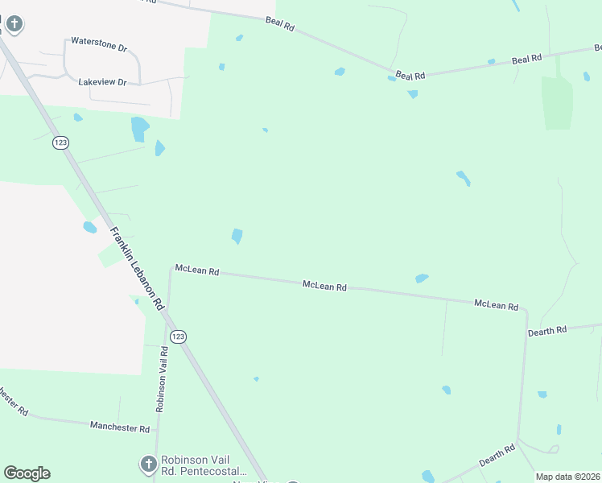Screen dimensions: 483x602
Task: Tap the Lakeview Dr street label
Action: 103,82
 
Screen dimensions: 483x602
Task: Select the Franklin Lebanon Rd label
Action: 137,268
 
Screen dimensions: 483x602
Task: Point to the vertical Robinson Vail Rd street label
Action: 162,378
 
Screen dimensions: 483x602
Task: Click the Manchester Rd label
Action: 121,427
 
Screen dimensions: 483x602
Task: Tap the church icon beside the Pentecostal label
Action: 147,464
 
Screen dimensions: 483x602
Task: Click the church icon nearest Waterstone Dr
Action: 13,24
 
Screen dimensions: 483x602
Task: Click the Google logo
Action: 27,473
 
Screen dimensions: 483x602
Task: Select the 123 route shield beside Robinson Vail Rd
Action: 178,336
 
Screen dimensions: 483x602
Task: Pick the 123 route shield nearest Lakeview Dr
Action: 60,142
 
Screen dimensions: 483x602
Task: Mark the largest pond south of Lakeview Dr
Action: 139,128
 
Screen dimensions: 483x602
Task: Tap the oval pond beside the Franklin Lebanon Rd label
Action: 89,228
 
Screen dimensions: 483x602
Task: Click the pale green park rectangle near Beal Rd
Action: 556,102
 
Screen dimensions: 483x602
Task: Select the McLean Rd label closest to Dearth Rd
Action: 497,304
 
